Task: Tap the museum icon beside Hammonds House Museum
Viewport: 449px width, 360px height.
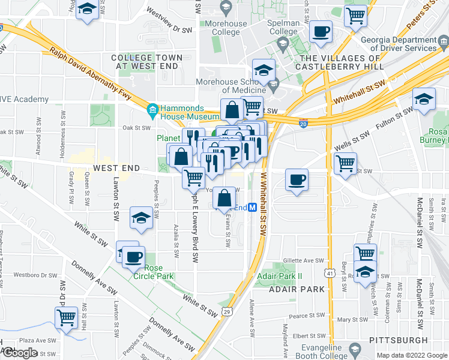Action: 152,110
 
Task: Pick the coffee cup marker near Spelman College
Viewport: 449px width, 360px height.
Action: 321,32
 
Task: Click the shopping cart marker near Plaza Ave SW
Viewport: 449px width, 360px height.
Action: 66,317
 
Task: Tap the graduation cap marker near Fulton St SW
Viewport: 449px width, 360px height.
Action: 424,100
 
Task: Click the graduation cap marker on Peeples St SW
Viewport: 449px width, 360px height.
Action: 141,218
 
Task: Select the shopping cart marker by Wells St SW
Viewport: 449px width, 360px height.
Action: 345,163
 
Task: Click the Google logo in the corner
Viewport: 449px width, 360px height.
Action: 20,353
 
